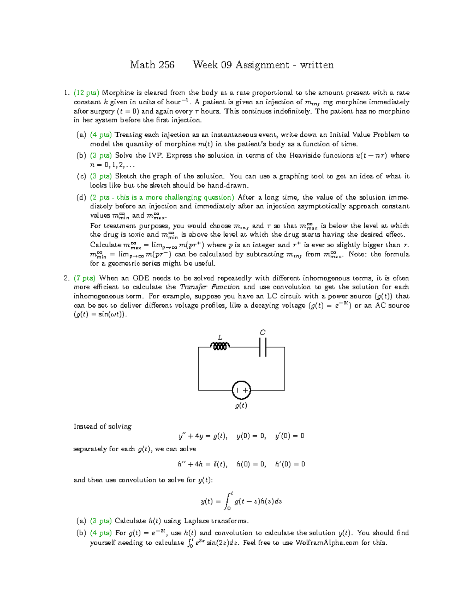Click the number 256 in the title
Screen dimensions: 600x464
coord(165,65)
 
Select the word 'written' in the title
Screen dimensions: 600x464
coord(316,65)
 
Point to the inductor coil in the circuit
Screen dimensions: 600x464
coord(220,347)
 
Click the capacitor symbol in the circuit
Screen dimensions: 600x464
coord(263,347)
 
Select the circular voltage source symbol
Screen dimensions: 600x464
coord(241,390)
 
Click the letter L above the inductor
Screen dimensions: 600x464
coord(220,338)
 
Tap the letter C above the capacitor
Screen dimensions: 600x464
coord(263,333)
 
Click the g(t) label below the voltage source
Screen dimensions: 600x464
coord(241,406)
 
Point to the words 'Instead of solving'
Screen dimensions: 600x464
coord(102,427)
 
